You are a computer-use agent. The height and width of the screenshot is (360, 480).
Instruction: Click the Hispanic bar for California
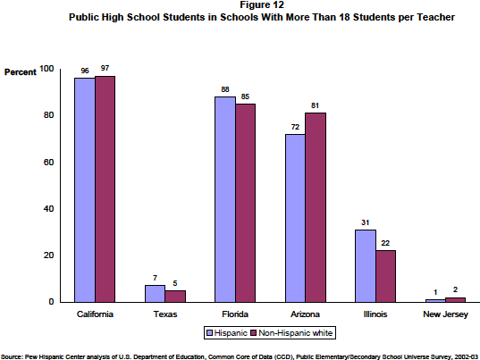(85, 190)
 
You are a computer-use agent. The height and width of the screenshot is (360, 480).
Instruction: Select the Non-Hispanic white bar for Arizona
(316, 207)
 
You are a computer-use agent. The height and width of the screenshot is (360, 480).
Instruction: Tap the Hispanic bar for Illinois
(366, 266)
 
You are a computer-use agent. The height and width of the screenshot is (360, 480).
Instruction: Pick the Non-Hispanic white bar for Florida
(245, 203)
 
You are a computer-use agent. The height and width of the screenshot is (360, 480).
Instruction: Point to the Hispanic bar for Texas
(155, 294)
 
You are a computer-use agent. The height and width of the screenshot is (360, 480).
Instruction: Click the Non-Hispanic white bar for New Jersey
(455, 300)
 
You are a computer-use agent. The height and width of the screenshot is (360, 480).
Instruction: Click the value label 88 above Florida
(225, 89)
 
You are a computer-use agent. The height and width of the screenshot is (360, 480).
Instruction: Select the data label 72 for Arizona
(295, 127)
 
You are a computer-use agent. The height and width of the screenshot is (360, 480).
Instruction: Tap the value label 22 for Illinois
(385, 243)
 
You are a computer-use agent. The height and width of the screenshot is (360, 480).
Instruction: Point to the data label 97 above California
(105, 68)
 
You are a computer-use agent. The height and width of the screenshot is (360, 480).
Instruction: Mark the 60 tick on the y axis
(48, 163)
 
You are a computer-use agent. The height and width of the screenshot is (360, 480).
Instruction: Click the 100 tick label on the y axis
(46, 69)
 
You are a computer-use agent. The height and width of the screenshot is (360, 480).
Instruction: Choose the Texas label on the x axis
(165, 314)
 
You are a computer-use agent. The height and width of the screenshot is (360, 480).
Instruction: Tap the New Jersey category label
(445, 314)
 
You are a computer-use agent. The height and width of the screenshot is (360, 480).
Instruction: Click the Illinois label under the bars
(375, 314)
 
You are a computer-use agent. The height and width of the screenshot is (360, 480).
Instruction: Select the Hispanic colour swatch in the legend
(210, 333)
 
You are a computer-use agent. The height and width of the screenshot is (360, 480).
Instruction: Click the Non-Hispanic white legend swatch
(254, 333)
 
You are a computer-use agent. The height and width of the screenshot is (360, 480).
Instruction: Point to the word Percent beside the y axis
(21, 72)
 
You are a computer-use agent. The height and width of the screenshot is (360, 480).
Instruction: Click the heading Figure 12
(262, 4)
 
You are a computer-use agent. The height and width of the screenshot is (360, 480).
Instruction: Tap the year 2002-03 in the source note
(466, 356)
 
